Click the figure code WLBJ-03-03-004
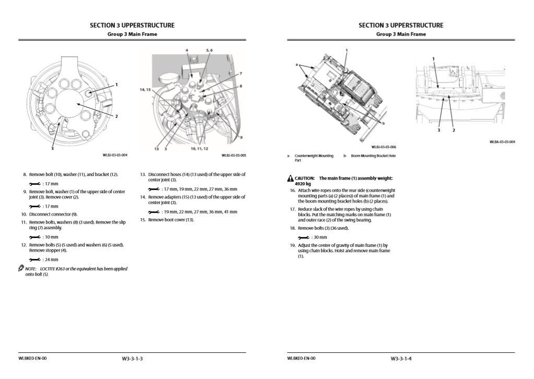click(116, 155)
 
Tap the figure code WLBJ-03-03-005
click(234, 155)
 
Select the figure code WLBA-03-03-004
click(502, 141)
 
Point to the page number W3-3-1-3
click(132, 359)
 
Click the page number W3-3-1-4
click(401, 359)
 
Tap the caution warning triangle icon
click(290, 179)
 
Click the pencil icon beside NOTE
click(21, 268)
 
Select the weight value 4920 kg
click(305, 184)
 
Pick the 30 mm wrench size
click(319, 237)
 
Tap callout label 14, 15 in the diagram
click(145, 90)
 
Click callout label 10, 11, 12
click(200, 149)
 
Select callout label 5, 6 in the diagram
click(209, 50)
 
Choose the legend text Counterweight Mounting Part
click(314, 158)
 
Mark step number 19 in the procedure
click(293, 245)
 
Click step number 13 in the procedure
click(143, 174)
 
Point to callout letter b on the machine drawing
click(384, 123)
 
